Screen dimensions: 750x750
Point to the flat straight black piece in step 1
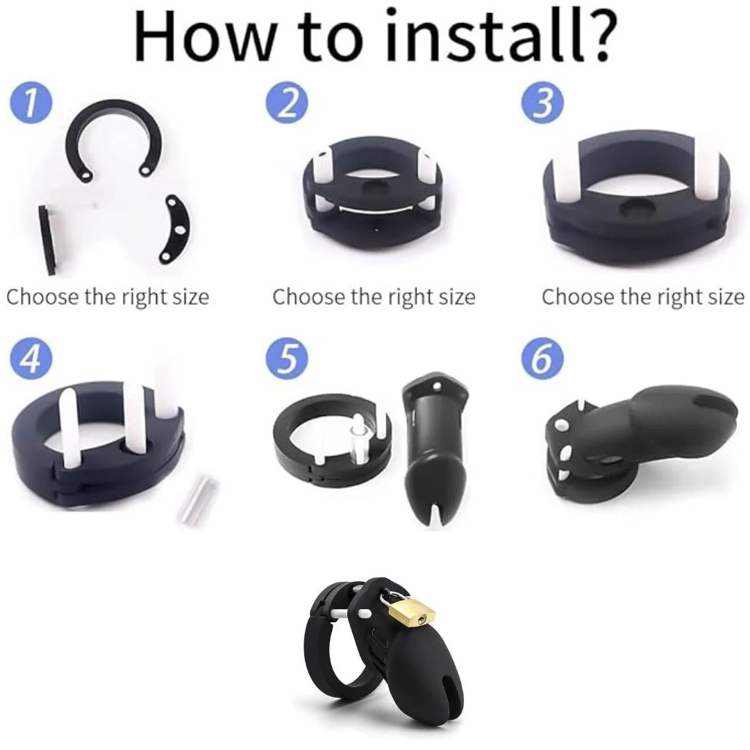click(48, 240)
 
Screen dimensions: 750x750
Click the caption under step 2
click(374, 297)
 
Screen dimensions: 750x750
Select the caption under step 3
click(643, 297)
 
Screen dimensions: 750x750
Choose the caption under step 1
click(108, 297)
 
